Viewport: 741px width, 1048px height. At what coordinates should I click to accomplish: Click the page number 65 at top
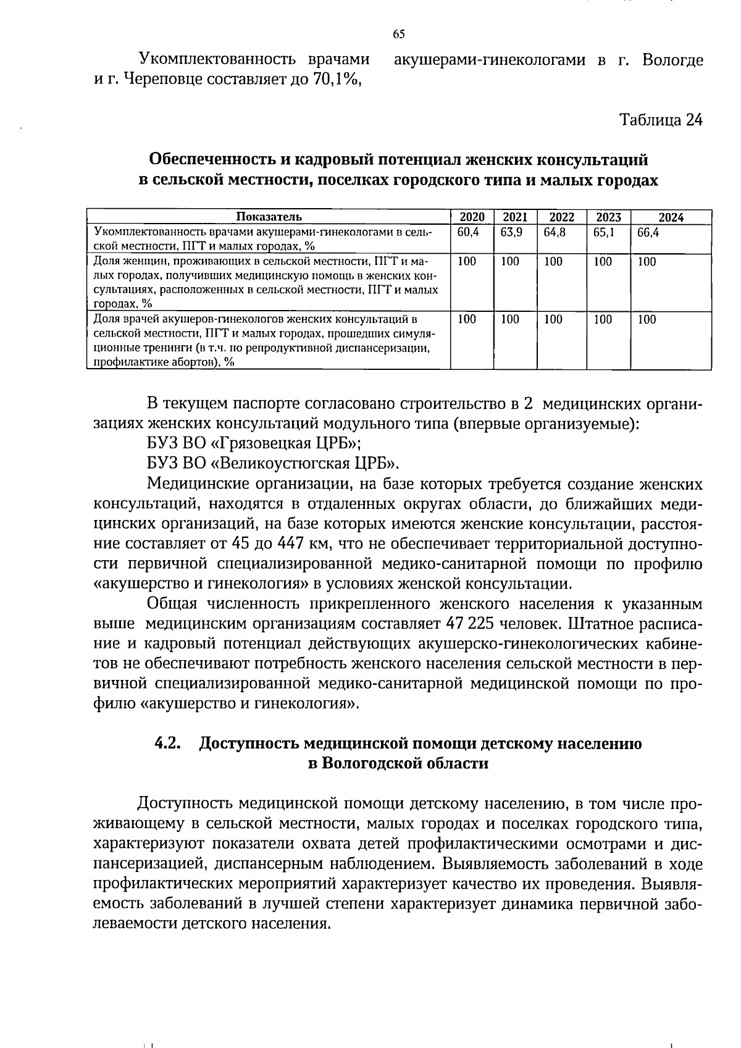[x=398, y=34]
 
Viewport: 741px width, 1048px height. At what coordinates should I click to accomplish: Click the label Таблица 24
[x=661, y=120]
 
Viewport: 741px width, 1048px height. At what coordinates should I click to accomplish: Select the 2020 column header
[x=472, y=217]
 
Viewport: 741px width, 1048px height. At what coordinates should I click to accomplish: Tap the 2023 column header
[x=608, y=217]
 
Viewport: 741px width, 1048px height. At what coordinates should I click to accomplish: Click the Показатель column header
[x=269, y=217]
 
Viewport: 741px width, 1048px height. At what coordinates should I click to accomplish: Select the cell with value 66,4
[x=647, y=233]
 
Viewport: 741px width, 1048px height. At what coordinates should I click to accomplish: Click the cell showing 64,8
[x=554, y=233]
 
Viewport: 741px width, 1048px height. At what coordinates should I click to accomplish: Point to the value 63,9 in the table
[x=511, y=233]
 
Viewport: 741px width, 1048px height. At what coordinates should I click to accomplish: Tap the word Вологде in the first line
[x=672, y=61]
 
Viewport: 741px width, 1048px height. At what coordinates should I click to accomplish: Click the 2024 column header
[x=671, y=217]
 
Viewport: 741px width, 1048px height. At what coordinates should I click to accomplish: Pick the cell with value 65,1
[x=603, y=233]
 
